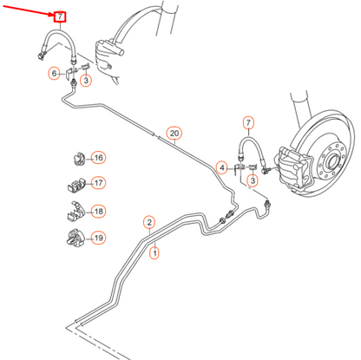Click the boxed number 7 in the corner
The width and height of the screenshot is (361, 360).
click(59, 16)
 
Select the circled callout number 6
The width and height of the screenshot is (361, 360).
click(54, 74)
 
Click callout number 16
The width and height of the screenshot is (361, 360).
click(98, 158)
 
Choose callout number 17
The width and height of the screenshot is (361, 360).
click(98, 183)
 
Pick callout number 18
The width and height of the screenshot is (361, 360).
click(98, 211)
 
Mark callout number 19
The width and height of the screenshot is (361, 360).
click(98, 237)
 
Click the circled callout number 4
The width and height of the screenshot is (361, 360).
click(222, 167)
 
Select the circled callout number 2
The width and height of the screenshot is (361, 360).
click(148, 222)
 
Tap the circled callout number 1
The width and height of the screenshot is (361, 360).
click(154, 253)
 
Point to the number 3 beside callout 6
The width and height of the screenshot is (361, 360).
click(87, 81)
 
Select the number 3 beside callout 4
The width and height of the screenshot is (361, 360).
click(253, 180)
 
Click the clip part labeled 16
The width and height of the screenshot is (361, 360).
click(75, 158)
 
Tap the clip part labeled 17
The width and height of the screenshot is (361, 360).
click(75, 184)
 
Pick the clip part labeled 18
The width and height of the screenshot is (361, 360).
click(75, 211)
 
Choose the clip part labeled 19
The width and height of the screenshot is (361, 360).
click(75, 237)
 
